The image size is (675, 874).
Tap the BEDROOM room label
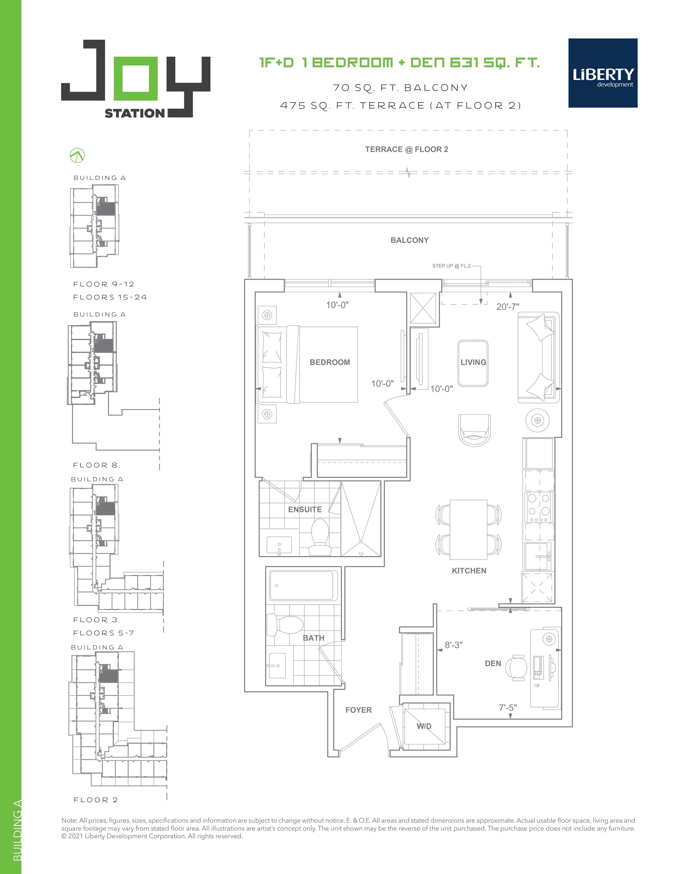330,362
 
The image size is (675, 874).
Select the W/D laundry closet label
424,726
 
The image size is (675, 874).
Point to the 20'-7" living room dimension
507,306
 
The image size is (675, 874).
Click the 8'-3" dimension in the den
453,645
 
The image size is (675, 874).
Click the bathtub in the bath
303,585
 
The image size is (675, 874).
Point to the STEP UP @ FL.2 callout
451,266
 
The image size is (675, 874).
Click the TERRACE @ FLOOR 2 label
406,149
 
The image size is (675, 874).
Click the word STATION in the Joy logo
134,113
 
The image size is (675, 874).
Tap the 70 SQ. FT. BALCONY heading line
400,88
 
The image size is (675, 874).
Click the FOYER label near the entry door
358,710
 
